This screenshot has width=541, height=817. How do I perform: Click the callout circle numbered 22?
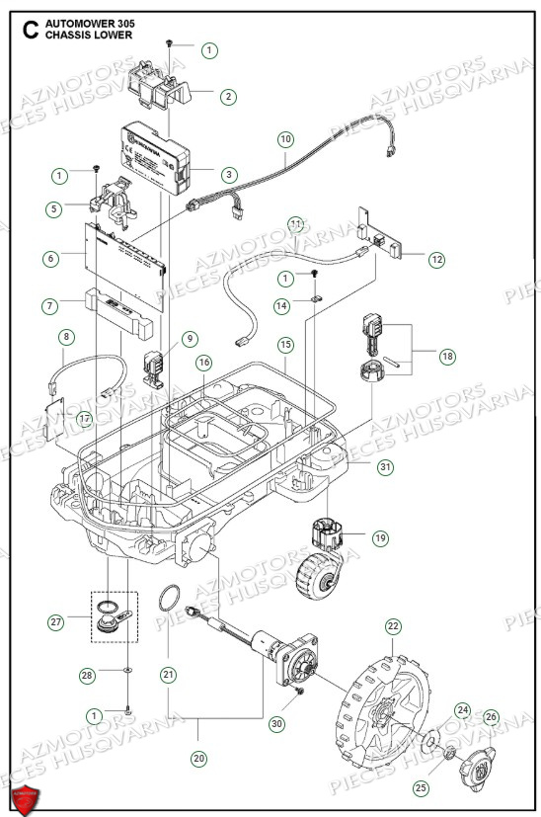(393, 626)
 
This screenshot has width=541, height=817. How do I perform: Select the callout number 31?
(384, 466)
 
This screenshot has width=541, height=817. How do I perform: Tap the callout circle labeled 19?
(380, 538)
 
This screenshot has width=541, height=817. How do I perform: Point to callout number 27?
(56, 621)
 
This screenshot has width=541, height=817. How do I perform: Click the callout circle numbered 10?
(285, 139)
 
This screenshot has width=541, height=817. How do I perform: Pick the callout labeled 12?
(435, 260)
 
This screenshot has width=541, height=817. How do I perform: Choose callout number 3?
(229, 174)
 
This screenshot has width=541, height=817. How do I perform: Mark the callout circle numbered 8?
(66, 337)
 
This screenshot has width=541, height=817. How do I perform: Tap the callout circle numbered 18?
(448, 356)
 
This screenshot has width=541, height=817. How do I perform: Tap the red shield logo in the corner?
(27, 796)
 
